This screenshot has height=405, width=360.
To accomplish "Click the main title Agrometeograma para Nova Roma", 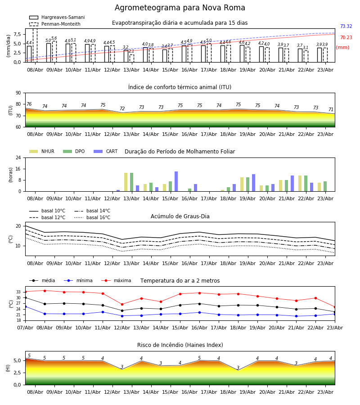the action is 180,8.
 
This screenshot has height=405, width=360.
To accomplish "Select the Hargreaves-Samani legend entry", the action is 57,17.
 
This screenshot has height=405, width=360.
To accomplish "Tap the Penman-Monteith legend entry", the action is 55,24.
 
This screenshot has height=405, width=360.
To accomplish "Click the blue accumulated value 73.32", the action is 346,27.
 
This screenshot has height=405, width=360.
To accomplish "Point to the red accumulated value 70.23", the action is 346,38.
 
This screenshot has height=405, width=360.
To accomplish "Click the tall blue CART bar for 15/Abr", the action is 176,181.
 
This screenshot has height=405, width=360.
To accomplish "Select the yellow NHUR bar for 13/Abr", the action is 126,182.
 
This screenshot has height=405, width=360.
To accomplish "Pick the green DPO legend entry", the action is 74,151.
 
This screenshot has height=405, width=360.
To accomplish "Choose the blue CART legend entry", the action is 106,151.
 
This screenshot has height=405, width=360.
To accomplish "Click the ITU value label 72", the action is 122,109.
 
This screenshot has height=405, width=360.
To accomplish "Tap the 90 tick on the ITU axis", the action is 18,93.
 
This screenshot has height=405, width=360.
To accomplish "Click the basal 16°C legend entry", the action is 92,217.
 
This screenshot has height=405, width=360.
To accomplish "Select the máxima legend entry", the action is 116,280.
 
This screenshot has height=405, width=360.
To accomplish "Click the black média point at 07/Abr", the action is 25,297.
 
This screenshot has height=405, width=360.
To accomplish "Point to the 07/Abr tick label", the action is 25,328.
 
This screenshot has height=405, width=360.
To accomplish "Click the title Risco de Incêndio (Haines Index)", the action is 180,345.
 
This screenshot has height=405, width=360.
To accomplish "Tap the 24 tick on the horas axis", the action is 18,157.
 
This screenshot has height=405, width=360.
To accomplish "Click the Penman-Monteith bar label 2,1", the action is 131,51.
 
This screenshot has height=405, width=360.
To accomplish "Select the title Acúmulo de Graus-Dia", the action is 180,216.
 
